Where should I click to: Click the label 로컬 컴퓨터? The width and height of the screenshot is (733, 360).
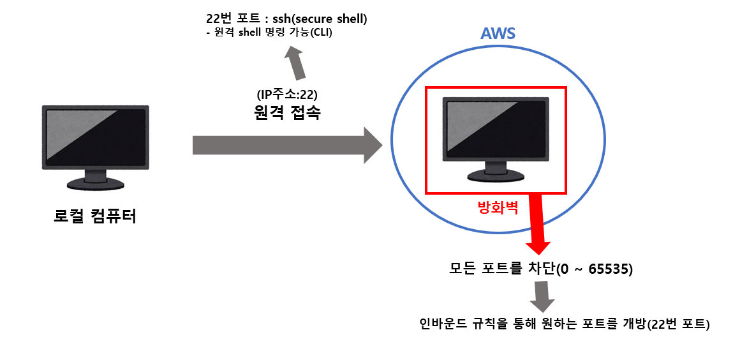[95, 216]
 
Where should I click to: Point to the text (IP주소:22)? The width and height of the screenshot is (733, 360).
[286, 95]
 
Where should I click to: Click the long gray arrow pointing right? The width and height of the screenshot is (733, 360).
[286, 145]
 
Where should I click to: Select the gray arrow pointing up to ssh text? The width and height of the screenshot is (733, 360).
[294, 64]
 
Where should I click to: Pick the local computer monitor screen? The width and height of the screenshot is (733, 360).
[95, 135]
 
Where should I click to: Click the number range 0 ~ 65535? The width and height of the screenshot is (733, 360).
[594, 269]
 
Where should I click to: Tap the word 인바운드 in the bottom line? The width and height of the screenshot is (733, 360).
[440, 324]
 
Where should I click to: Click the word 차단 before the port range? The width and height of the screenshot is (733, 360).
[541, 269]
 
